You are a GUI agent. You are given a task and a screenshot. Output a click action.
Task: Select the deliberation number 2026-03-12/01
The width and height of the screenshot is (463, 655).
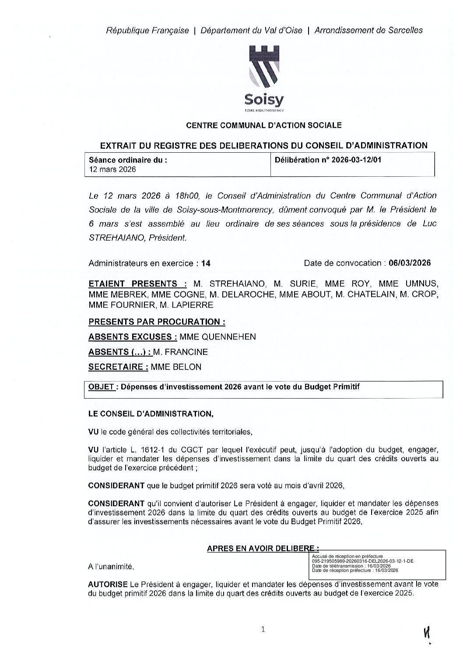pyautogui.click(x=356, y=160)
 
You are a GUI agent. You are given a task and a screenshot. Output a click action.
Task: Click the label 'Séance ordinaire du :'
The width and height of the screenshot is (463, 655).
pyautogui.click(x=127, y=160)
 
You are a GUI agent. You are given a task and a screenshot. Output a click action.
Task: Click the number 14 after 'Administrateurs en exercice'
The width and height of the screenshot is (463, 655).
pyautogui.click(x=206, y=263)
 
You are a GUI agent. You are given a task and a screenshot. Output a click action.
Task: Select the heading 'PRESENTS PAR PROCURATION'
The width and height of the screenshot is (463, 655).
pyautogui.click(x=156, y=322)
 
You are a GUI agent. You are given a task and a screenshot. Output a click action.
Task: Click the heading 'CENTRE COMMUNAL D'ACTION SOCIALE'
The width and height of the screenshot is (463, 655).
pyautogui.click(x=264, y=126)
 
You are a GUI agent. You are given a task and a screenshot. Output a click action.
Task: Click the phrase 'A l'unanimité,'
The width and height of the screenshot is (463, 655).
pyautogui.click(x=110, y=567)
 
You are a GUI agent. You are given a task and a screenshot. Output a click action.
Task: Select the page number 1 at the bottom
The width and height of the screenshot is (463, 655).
pyautogui.click(x=263, y=630)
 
